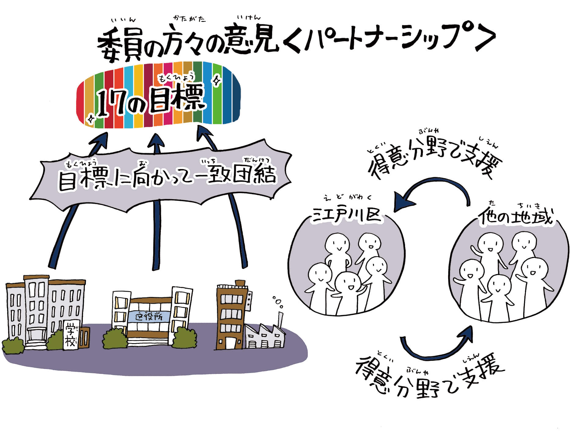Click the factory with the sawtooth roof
(265, 336)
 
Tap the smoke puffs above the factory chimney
(278, 302)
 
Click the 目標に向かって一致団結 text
(167, 177)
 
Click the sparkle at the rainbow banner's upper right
(217, 81)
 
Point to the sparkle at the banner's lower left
(90, 119)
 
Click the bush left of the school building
(13, 345)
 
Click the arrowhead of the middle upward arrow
(157, 142)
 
